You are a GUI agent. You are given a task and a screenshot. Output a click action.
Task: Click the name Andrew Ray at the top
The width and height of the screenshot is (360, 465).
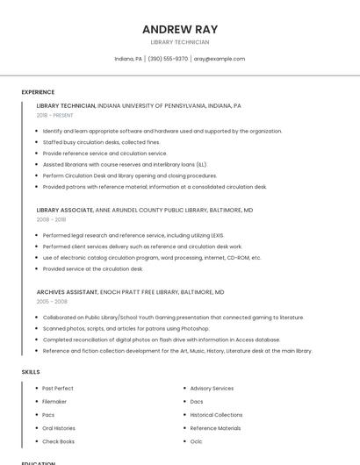click(x=179, y=29)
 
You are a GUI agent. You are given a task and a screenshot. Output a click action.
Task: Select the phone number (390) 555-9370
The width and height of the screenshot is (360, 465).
click(x=168, y=59)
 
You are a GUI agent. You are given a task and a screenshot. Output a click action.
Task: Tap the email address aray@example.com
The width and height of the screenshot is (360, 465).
click(x=220, y=59)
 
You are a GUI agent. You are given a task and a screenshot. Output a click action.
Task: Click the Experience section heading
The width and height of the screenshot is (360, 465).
click(x=38, y=92)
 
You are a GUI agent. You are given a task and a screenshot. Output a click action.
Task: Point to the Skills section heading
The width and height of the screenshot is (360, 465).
click(x=31, y=372)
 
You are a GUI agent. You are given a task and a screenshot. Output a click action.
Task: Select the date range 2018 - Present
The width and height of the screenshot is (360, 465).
click(x=54, y=115)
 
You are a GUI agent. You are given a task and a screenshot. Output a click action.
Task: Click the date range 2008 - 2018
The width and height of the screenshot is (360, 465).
click(x=51, y=219)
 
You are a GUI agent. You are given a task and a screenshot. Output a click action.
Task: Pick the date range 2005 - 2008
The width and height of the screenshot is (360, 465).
click(x=51, y=301)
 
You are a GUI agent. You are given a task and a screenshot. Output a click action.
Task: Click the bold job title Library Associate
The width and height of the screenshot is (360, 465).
click(x=65, y=211)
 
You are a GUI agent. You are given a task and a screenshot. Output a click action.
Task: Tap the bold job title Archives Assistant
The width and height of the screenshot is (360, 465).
click(x=68, y=291)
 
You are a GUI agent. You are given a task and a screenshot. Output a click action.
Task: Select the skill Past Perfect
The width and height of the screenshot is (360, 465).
click(x=58, y=388)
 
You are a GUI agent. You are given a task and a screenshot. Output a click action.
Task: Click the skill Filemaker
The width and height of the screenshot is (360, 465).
click(x=54, y=401)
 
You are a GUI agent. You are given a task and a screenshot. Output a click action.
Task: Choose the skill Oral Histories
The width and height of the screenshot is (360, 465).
click(x=59, y=428)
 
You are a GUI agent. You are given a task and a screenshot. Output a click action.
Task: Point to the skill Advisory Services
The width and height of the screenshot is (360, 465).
click(x=212, y=388)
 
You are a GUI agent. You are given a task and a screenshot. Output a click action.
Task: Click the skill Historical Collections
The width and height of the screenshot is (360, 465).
click(x=216, y=415)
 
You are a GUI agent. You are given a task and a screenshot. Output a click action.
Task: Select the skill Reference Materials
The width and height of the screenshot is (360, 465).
click(x=215, y=428)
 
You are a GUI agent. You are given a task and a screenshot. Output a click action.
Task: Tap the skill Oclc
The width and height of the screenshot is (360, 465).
click(x=196, y=441)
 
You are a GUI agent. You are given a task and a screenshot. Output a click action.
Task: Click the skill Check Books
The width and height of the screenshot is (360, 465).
click(x=58, y=441)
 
